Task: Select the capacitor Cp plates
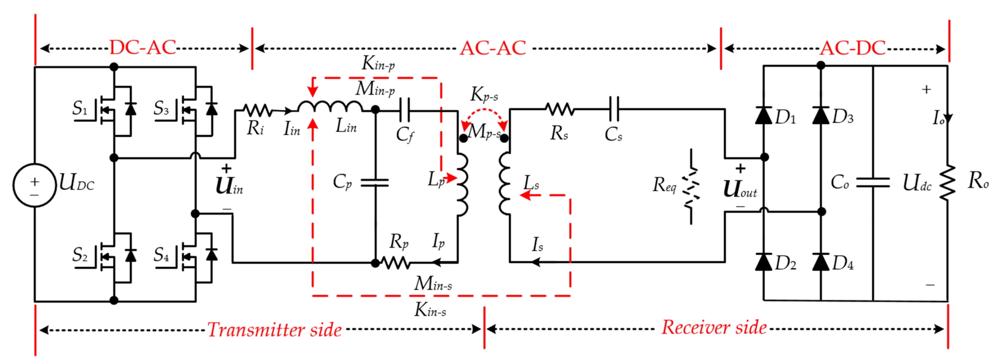pyautogui.click(x=375, y=183)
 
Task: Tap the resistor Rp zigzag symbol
pyautogui.click(x=395, y=263)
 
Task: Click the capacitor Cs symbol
pyautogui.click(x=614, y=109)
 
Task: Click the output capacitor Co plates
pyautogui.click(x=873, y=183)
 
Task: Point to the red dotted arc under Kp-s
pyautogui.click(x=484, y=112)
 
